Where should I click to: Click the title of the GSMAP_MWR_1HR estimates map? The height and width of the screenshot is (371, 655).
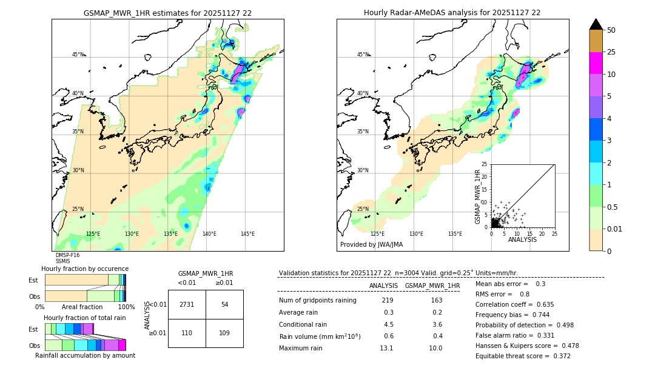pos(167,13)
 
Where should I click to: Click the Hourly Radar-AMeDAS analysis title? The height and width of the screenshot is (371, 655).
pos(452,13)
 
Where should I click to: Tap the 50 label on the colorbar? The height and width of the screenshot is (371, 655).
pos(611,30)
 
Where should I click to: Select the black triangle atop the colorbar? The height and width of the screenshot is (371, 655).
pos(596,24)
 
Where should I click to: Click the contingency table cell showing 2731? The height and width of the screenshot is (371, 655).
pos(187,304)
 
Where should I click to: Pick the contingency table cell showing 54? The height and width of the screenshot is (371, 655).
pos(224,304)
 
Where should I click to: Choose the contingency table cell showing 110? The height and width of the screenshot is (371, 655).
pos(187,333)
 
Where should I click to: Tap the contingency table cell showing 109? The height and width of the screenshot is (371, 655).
pos(224,333)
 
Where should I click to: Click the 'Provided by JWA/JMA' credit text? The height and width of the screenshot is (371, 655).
pos(371,244)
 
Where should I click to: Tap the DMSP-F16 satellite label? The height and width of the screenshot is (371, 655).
pos(67,255)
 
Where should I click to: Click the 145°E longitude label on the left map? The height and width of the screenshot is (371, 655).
pos(247,234)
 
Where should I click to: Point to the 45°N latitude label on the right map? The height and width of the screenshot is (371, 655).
pos(363,55)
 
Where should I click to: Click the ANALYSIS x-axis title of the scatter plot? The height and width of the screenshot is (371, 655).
pos(522,239)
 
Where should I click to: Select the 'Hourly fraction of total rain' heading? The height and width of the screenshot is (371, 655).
pos(85,318)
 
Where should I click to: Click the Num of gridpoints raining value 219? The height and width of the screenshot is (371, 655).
pos(388,301)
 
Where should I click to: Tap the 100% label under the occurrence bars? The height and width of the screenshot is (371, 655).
pos(126,307)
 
